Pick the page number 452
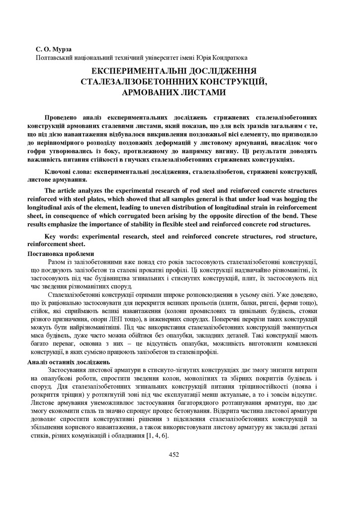point(174,454)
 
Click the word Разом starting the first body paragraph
point(57,262)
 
